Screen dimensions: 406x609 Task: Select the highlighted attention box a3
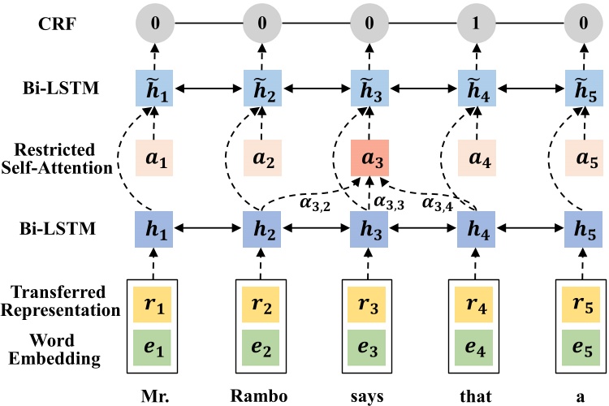click(x=367, y=158)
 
